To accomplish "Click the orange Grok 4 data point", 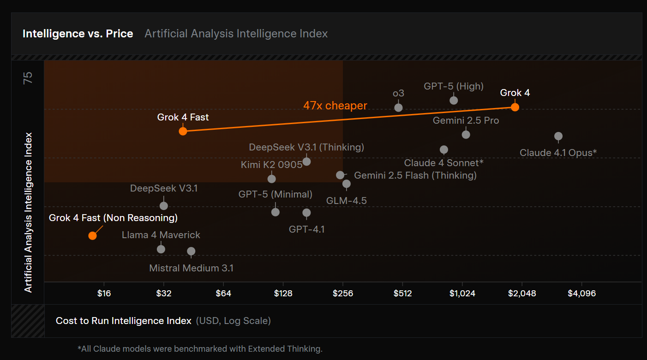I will (x=515, y=107).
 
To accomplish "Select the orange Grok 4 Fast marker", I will (x=183, y=131).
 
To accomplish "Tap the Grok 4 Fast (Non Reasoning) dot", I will (x=92, y=235).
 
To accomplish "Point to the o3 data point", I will (x=399, y=108).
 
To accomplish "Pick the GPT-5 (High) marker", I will (x=454, y=101).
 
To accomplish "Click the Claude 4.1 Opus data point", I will (x=558, y=136).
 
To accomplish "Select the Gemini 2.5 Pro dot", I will (x=466, y=135).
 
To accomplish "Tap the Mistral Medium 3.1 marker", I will (x=191, y=251).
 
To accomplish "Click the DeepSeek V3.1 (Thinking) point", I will (x=306, y=162).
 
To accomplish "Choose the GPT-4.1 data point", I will (x=306, y=213).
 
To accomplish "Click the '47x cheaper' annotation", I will (x=335, y=106).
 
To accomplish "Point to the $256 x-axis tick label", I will (x=343, y=294).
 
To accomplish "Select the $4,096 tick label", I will (x=581, y=294).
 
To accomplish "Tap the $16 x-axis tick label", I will (x=104, y=294).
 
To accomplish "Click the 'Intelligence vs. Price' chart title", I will (x=78, y=34).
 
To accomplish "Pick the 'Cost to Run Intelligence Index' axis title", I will (x=124, y=321).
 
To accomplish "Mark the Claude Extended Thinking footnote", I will (x=200, y=349).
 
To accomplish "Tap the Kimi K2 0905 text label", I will (x=272, y=165).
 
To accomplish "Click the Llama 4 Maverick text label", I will (x=161, y=235).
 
